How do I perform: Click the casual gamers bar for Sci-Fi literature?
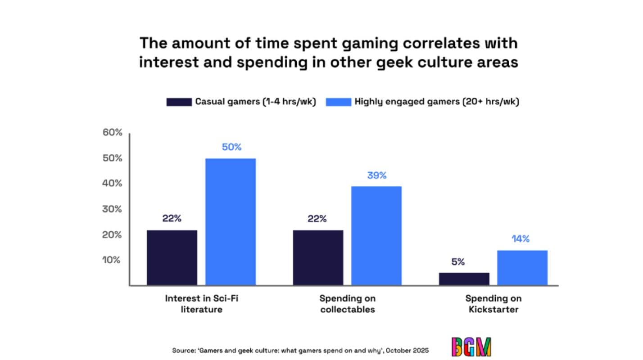click(x=172, y=257)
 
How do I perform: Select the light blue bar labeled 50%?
click(x=231, y=221)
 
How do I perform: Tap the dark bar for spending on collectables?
click(x=318, y=257)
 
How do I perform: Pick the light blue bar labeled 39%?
click(x=376, y=235)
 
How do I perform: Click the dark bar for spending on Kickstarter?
click(x=464, y=279)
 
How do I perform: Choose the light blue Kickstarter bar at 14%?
click(x=522, y=267)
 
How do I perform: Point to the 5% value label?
click(x=458, y=262)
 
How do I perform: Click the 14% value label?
click(x=521, y=239)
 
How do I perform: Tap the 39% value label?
click(x=376, y=175)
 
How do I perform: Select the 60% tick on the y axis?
click(x=113, y=133)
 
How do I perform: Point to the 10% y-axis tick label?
click(x=113, y=260)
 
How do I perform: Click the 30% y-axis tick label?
click(x=113, y=209)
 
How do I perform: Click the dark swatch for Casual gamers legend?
click(x=179, y=102)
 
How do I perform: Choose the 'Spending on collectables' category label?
click(x=347, y=304)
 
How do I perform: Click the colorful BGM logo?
click(x=471, y=346)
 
